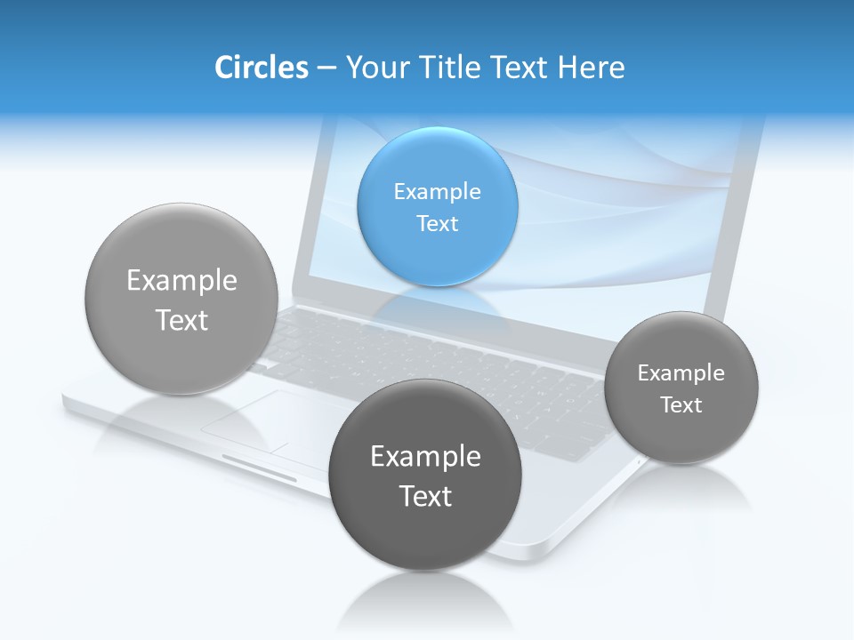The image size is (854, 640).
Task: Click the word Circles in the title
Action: tap(261, 68)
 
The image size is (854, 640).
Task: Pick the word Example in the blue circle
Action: tap(437, 191)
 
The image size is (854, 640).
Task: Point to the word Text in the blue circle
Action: tap(437, 223)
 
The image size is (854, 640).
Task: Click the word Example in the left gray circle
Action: tap(181, 280)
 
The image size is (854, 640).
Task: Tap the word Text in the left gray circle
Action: tap(181, 320)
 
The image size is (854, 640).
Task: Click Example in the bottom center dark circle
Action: tap(425, 456)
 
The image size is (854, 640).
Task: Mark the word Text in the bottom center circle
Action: tap(425, 496)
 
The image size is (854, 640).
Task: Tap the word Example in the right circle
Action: tap(681, 373)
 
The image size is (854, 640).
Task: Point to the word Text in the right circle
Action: tap(681, 405)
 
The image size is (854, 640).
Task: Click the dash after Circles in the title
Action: tap(326, 68)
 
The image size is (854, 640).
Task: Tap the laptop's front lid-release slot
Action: tap(259, 469)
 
